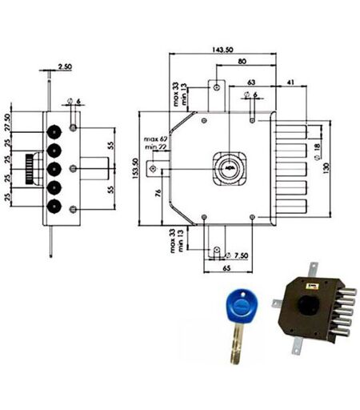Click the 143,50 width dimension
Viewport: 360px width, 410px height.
point(222,50)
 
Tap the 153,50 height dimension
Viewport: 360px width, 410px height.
point(135,168)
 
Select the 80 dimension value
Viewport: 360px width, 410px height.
point(242,61)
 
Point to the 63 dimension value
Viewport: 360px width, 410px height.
point(251,82)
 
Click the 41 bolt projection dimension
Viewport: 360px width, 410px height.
point(290,82)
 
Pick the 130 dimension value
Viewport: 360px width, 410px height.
point(326,168)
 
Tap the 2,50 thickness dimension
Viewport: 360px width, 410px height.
point(65,66)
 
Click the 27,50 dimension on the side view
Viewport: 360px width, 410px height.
point(7,123)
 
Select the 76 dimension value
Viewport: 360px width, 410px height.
point(158,193)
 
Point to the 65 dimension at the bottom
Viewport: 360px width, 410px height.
point(226,267)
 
